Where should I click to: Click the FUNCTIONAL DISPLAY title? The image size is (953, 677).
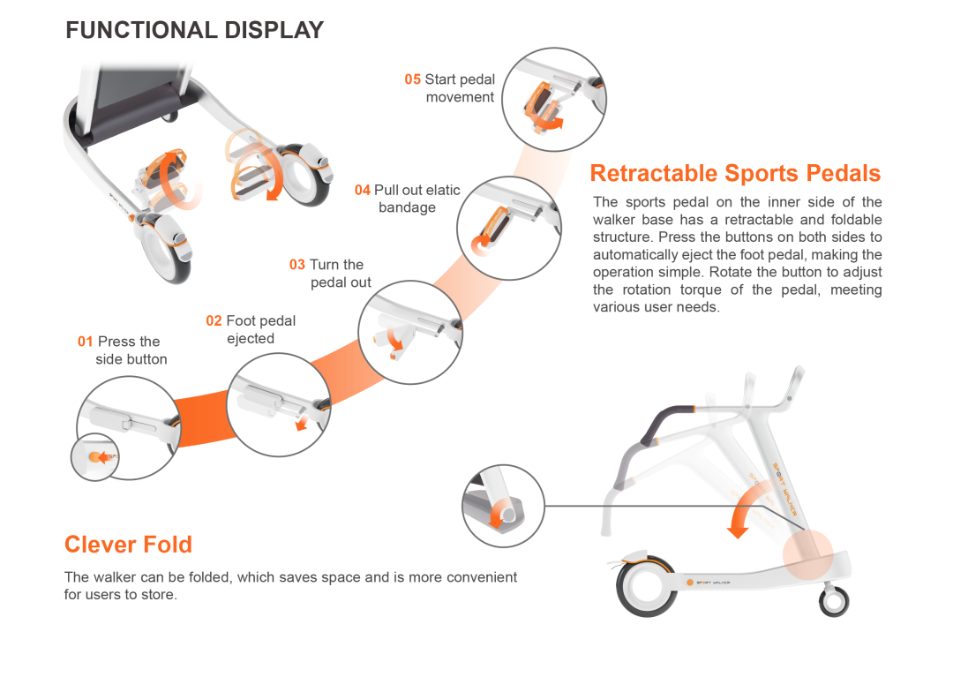point(194,30)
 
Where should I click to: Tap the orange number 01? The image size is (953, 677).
point(85,342)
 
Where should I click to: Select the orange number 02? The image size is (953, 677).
point(214,320)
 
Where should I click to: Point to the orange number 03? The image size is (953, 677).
point(297,265)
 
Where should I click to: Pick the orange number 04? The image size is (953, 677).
point(363,190)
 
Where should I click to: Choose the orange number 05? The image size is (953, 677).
point(413,79)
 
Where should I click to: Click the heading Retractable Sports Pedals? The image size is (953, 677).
point(735,173)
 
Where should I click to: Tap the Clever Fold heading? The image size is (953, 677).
point(128,545)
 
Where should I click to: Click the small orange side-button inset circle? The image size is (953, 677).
point(94,457)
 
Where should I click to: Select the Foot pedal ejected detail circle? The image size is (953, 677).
point(278,405)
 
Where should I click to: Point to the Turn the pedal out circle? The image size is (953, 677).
point(409,332)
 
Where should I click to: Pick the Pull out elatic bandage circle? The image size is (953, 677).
point(508,228)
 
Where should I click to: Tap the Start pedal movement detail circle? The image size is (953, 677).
point(553,100)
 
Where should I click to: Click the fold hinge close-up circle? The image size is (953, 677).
point(502,506)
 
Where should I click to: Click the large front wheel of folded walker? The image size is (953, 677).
point(647,585)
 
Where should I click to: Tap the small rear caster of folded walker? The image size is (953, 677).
point(834,601)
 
